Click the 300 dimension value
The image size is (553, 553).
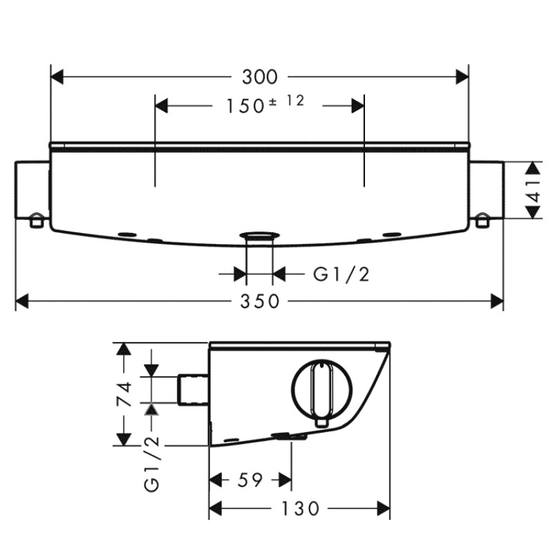(260, 77)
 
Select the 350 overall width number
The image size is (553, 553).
(260, 301)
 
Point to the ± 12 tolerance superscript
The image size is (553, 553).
(286, 101)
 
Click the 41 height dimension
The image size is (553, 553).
(534, 191)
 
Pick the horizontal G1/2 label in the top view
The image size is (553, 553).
(341, 274)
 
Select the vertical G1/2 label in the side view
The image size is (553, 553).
(152, 463)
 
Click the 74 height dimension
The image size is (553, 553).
(124, 394)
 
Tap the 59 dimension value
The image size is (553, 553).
(250, 480)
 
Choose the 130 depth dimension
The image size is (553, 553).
(300, 509)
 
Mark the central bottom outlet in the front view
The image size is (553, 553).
(260, 236)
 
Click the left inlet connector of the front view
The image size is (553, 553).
(32, 190)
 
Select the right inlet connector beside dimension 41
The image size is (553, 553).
(487, 190)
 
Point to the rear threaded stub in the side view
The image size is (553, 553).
(194, 389)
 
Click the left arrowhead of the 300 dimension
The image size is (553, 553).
(57, 77)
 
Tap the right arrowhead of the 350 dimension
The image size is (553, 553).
(497, 302)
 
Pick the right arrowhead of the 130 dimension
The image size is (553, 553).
(384, 509)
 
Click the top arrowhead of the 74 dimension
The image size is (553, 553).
(124, 349)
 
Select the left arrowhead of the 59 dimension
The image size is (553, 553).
(216, 480)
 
